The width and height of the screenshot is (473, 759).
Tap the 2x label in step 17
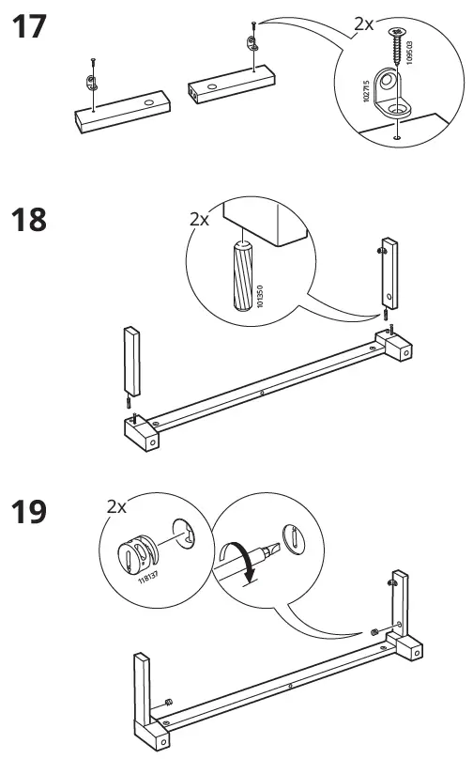point(363,25)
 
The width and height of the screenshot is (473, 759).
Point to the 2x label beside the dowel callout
point(199,219)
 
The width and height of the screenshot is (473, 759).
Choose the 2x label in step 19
point(116,506)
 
